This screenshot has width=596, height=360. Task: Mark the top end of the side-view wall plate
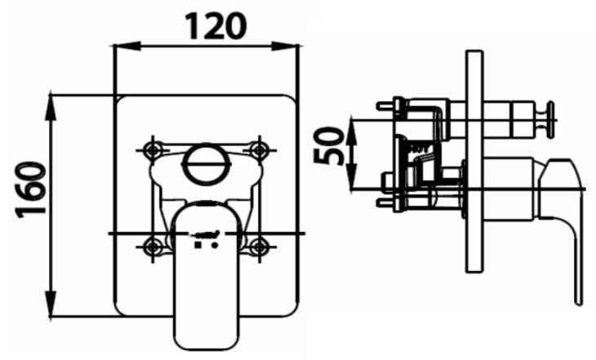[x=473, y=53]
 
